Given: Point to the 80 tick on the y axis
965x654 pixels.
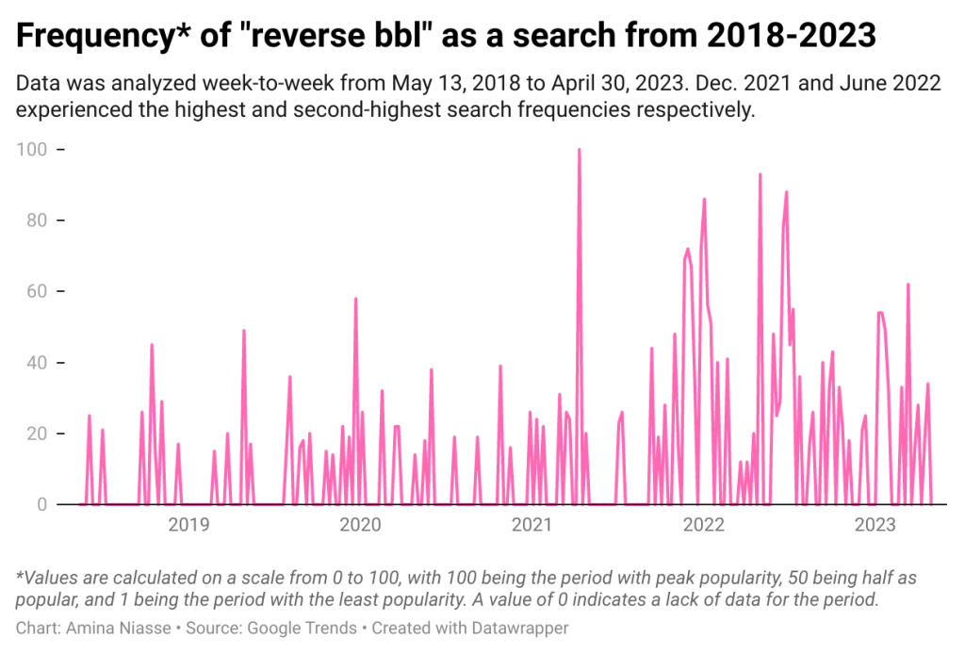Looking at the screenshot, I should click(x=37, y=221).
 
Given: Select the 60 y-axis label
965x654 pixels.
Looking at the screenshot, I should click(x=37, y=292).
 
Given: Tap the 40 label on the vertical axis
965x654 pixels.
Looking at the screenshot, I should click(x=37, y=363).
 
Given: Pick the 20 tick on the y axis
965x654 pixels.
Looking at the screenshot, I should click(x=37, y=433).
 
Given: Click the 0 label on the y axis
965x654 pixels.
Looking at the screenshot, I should click(x=41, y=505).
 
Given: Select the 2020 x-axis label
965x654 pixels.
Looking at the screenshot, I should click(x=359, y=525).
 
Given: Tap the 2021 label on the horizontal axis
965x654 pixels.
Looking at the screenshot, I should click(x=531, y=525).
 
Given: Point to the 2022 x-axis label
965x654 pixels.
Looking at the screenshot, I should click(x=702, y=525).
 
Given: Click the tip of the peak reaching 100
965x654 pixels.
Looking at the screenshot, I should click(x=579, y=150).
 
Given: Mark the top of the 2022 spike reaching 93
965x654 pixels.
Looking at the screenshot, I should click(x=760, y=174).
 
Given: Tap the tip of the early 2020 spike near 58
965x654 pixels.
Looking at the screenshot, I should click(x=355, y=299).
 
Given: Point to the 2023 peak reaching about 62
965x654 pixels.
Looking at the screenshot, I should click(x=908, y=285).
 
